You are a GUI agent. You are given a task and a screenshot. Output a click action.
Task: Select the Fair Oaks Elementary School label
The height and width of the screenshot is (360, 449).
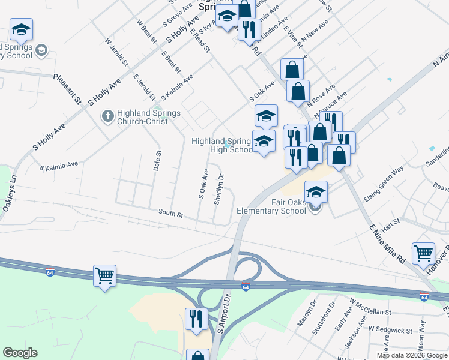point(271,207)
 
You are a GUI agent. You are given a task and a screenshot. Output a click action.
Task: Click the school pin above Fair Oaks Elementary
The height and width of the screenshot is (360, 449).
point(316,193)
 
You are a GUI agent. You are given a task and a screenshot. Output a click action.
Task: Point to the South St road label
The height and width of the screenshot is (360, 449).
point(170,212)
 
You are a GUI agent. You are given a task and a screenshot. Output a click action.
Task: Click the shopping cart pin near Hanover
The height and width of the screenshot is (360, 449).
point(423,253)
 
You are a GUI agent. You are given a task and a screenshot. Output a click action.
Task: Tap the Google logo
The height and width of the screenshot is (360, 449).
point(20,353)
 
